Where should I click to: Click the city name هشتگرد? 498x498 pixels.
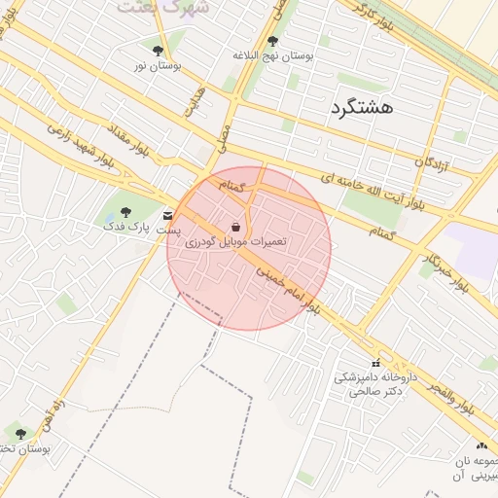click(x=361, y=107)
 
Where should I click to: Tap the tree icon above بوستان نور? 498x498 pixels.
click(x=159, y=50)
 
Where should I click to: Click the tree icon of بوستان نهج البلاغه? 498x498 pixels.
click(x=272, y=41)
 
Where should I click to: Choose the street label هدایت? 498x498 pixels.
click(x=196, y=100)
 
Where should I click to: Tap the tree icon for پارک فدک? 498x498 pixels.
click(x=124, y=211)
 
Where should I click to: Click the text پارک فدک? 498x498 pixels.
click(x=129, y=227)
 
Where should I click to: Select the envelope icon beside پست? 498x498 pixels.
click(x=169, y=215)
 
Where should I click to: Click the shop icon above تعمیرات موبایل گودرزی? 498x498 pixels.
click(x=237, y=226)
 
